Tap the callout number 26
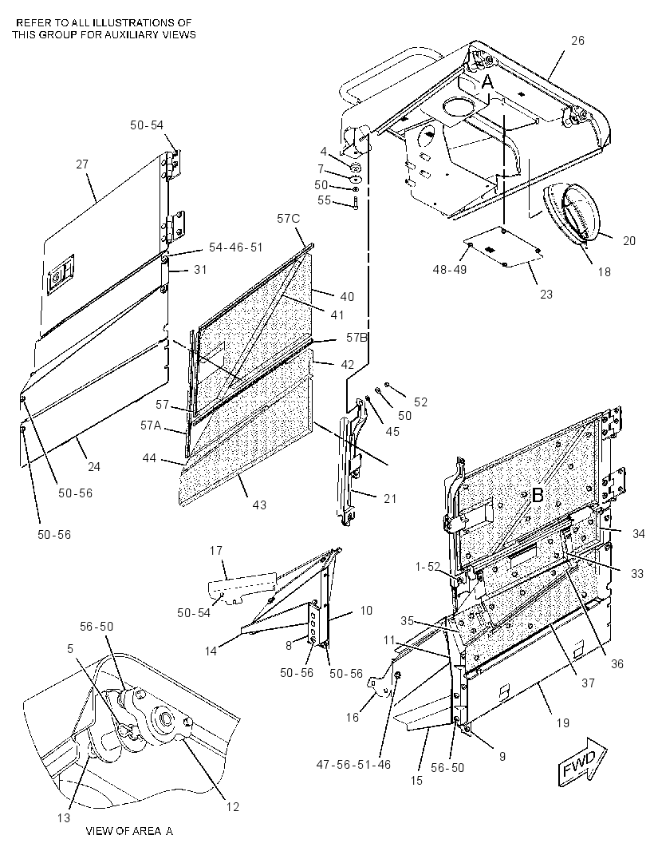click(577, 41)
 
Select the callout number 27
click(82, 164)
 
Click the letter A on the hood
click(488, 82)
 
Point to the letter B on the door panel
click(538, 495)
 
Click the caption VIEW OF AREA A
click(129, 831)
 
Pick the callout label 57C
click(289, 219)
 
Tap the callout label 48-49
click(450, 269)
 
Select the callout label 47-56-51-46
click(353, 764)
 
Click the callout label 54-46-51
click(236, 247)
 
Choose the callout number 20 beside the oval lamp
click(628, 240)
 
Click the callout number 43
click(260, 505)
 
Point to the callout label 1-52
click(427, 567)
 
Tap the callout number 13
click(64, 817)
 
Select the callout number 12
click(233, 807)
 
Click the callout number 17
click(216, 551)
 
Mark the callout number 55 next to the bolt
click(324, 200)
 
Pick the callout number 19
click(563, 722)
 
